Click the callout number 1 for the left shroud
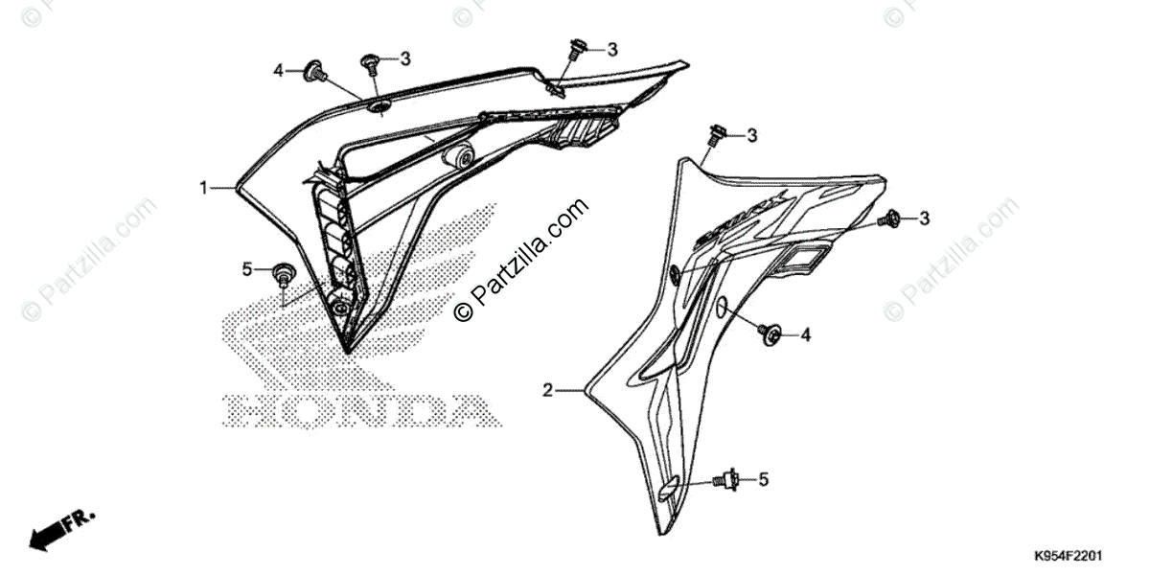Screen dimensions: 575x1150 [x=203, y=189]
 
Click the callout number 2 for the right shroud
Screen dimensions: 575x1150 [x=547, y=390]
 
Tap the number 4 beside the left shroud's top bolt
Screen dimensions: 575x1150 [x=279, y=71]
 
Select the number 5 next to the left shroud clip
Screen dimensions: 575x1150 [x=246, y=269]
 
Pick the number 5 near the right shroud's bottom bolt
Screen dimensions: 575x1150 [x=764, y=478]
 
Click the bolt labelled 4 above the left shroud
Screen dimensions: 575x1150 [x=313, y=70]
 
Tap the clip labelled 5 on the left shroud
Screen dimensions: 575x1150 [x=283, y=276]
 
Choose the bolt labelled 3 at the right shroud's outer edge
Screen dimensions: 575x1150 [x=890, y=218]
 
